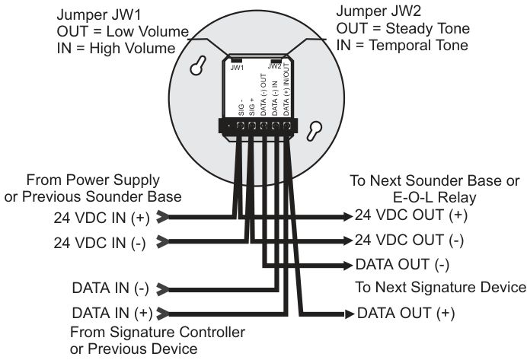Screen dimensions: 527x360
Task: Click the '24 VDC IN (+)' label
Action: (101, 218)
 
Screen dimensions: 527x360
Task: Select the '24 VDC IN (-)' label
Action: (100, 243)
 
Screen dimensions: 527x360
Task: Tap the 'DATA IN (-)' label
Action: (110, 288)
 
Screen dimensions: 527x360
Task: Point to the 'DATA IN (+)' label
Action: (112, 313)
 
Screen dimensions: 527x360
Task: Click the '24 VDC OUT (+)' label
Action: (411, 215)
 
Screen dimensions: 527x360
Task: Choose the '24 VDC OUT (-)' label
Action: (410, 240)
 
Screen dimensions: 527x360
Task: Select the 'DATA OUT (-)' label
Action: (402, 265)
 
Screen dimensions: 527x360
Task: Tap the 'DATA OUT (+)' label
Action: (406, 313)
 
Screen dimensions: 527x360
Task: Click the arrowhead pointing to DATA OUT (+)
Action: (350, 314)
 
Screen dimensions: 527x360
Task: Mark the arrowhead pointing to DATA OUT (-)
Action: (348, 266)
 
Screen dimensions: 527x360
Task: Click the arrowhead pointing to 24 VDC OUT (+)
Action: (348, 216)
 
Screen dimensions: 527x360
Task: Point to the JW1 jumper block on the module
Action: (236, 60)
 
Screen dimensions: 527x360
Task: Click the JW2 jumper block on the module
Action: (276, 61)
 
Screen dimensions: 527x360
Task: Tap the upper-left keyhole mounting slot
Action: (198, 65)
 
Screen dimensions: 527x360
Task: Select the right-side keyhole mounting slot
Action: (315, 131)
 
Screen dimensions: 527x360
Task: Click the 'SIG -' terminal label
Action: (241, 107)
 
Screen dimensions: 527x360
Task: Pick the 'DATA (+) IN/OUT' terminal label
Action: (286, 90)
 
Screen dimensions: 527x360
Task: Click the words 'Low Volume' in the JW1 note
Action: (148, 31)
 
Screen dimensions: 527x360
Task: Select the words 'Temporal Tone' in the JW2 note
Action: (418, 46)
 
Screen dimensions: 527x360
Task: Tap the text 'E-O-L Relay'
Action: (435, 197)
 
